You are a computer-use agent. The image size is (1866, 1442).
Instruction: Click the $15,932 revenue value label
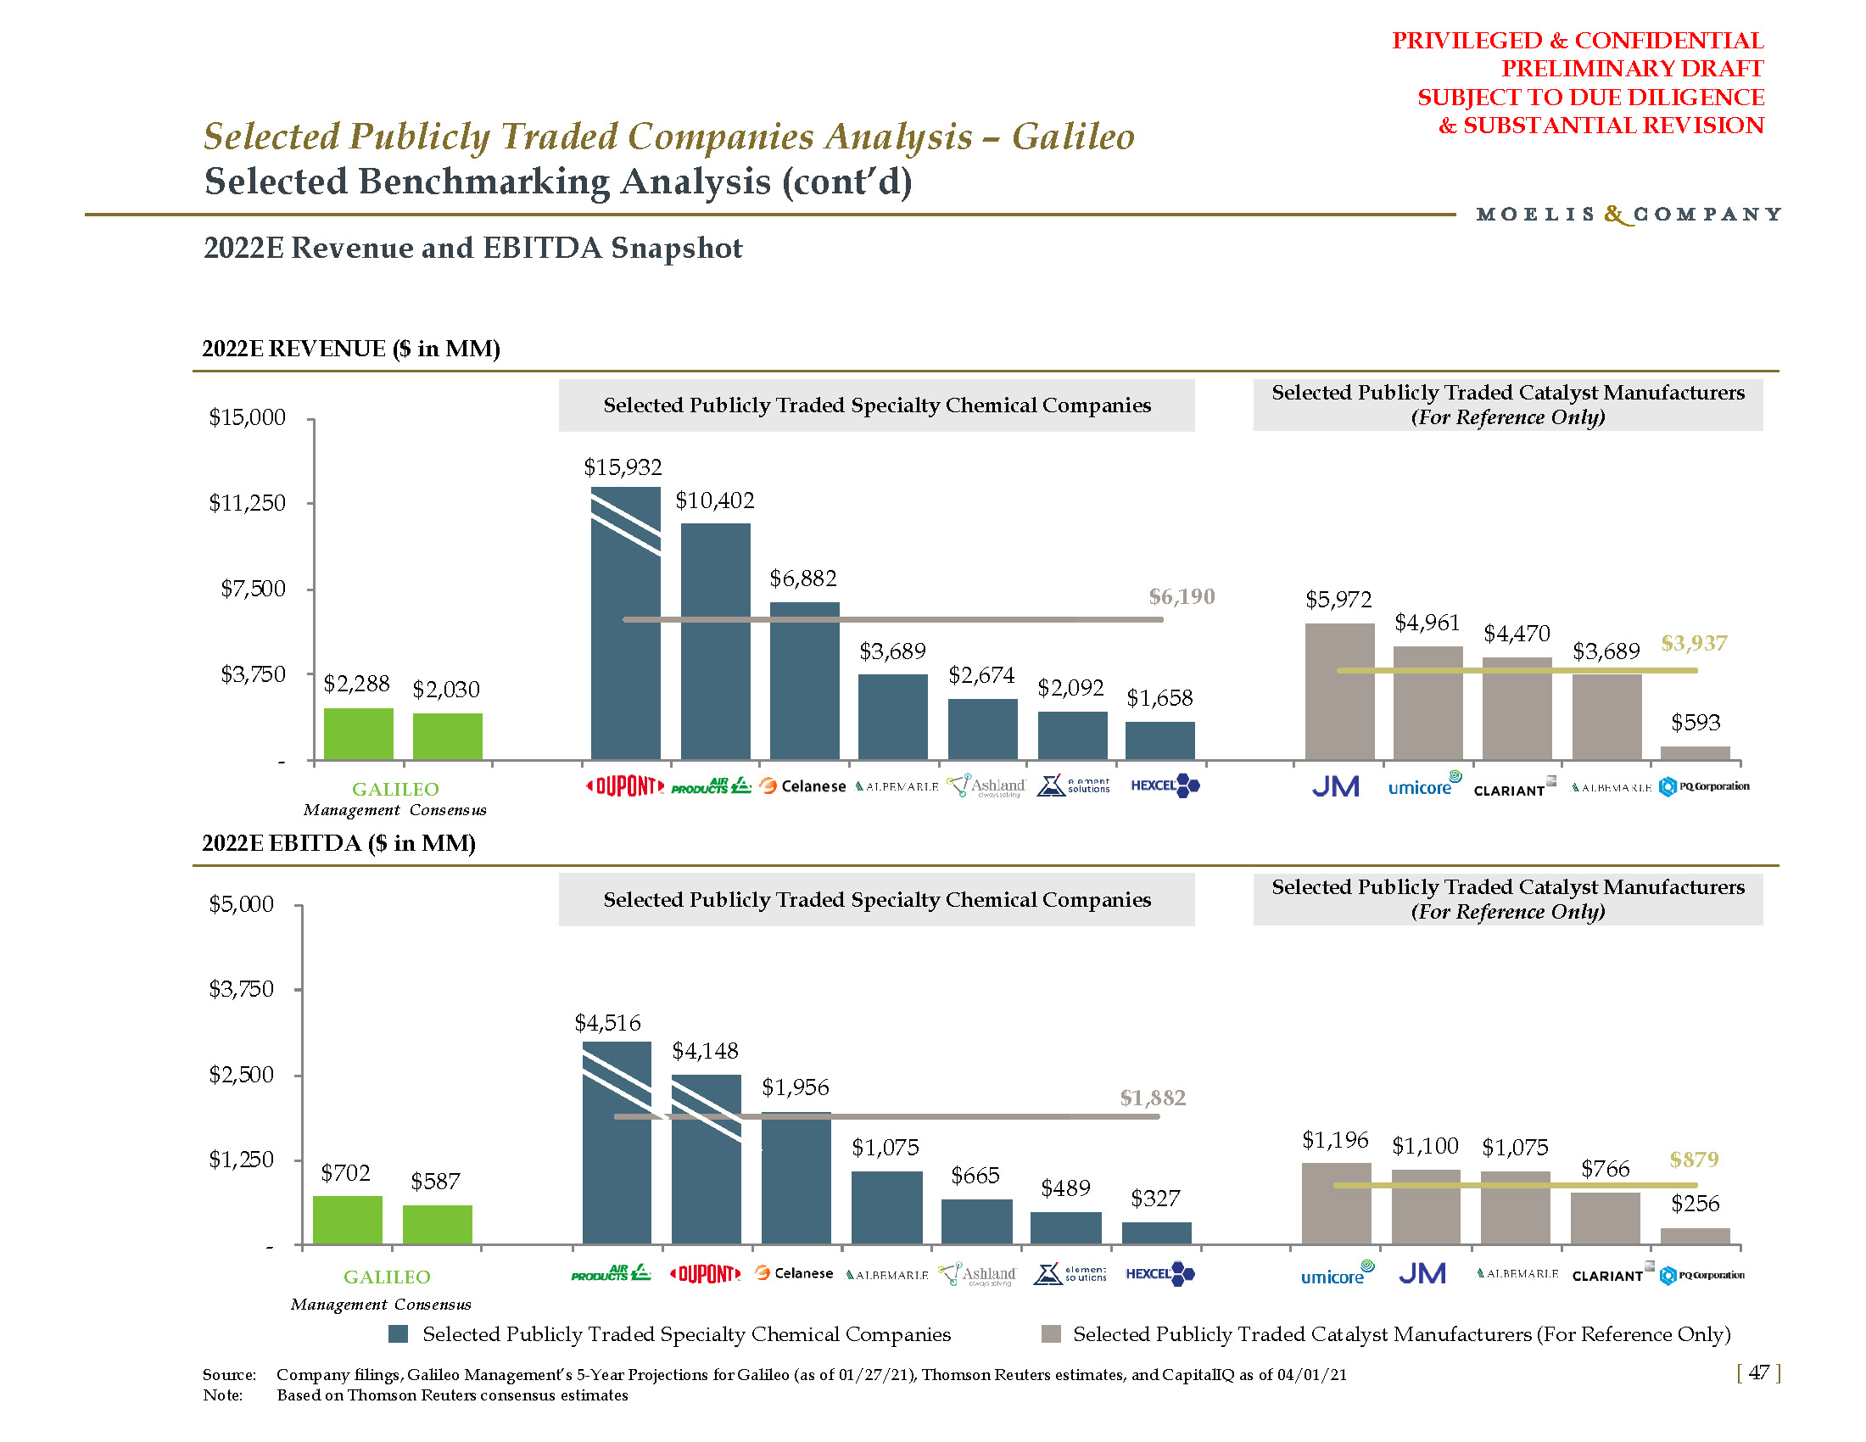pyautogui.click(x=622, y=467)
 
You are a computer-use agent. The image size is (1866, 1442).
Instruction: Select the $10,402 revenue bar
pyautogui.click(x=715, y=640)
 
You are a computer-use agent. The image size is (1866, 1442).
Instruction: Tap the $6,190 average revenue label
pyautogui.click(x=1181, y=596)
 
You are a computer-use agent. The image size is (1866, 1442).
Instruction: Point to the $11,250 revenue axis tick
pyautogui.click(x=248, y=503)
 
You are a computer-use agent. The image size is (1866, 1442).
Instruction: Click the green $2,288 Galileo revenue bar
pyautogui.click(x=358, y=734)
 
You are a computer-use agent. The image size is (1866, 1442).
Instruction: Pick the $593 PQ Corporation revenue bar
pyautogui.click(x=1695, y=752)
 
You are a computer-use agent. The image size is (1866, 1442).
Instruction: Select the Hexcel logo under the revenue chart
pyautogui.click(x=1165, y=785)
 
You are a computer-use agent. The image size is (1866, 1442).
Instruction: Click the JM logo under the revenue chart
pyautogui.click(x=1335, y=786)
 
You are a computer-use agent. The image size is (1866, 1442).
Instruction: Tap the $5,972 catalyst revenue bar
pyautogui.click(x=1338, y=691)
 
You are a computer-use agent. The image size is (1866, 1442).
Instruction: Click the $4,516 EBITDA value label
pyautogui.click(x=607, y=1023)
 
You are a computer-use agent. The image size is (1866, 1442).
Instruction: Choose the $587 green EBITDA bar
pyautogui.click(x=437, y=1224)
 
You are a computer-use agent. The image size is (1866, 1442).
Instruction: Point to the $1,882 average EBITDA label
pyautogui.click(x=1153, y=1098)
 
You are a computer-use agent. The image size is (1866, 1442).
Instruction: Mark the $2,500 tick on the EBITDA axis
pyautogui.click(x=242, y=1075)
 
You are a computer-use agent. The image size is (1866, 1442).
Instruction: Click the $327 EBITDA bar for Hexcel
pyautogui.click(x=1156, y=1232)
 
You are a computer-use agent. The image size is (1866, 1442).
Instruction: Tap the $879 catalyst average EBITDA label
pyautogui.click(x=1694, y=1160)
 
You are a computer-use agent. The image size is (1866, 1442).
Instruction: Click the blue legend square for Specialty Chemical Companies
pyautogui.click(x=398, y=1334)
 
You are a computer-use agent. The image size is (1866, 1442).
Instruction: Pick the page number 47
pyautogui.click(x=1758, y=1372)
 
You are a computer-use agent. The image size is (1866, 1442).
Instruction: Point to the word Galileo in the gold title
pyautogui.click(x=1073, y=137)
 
